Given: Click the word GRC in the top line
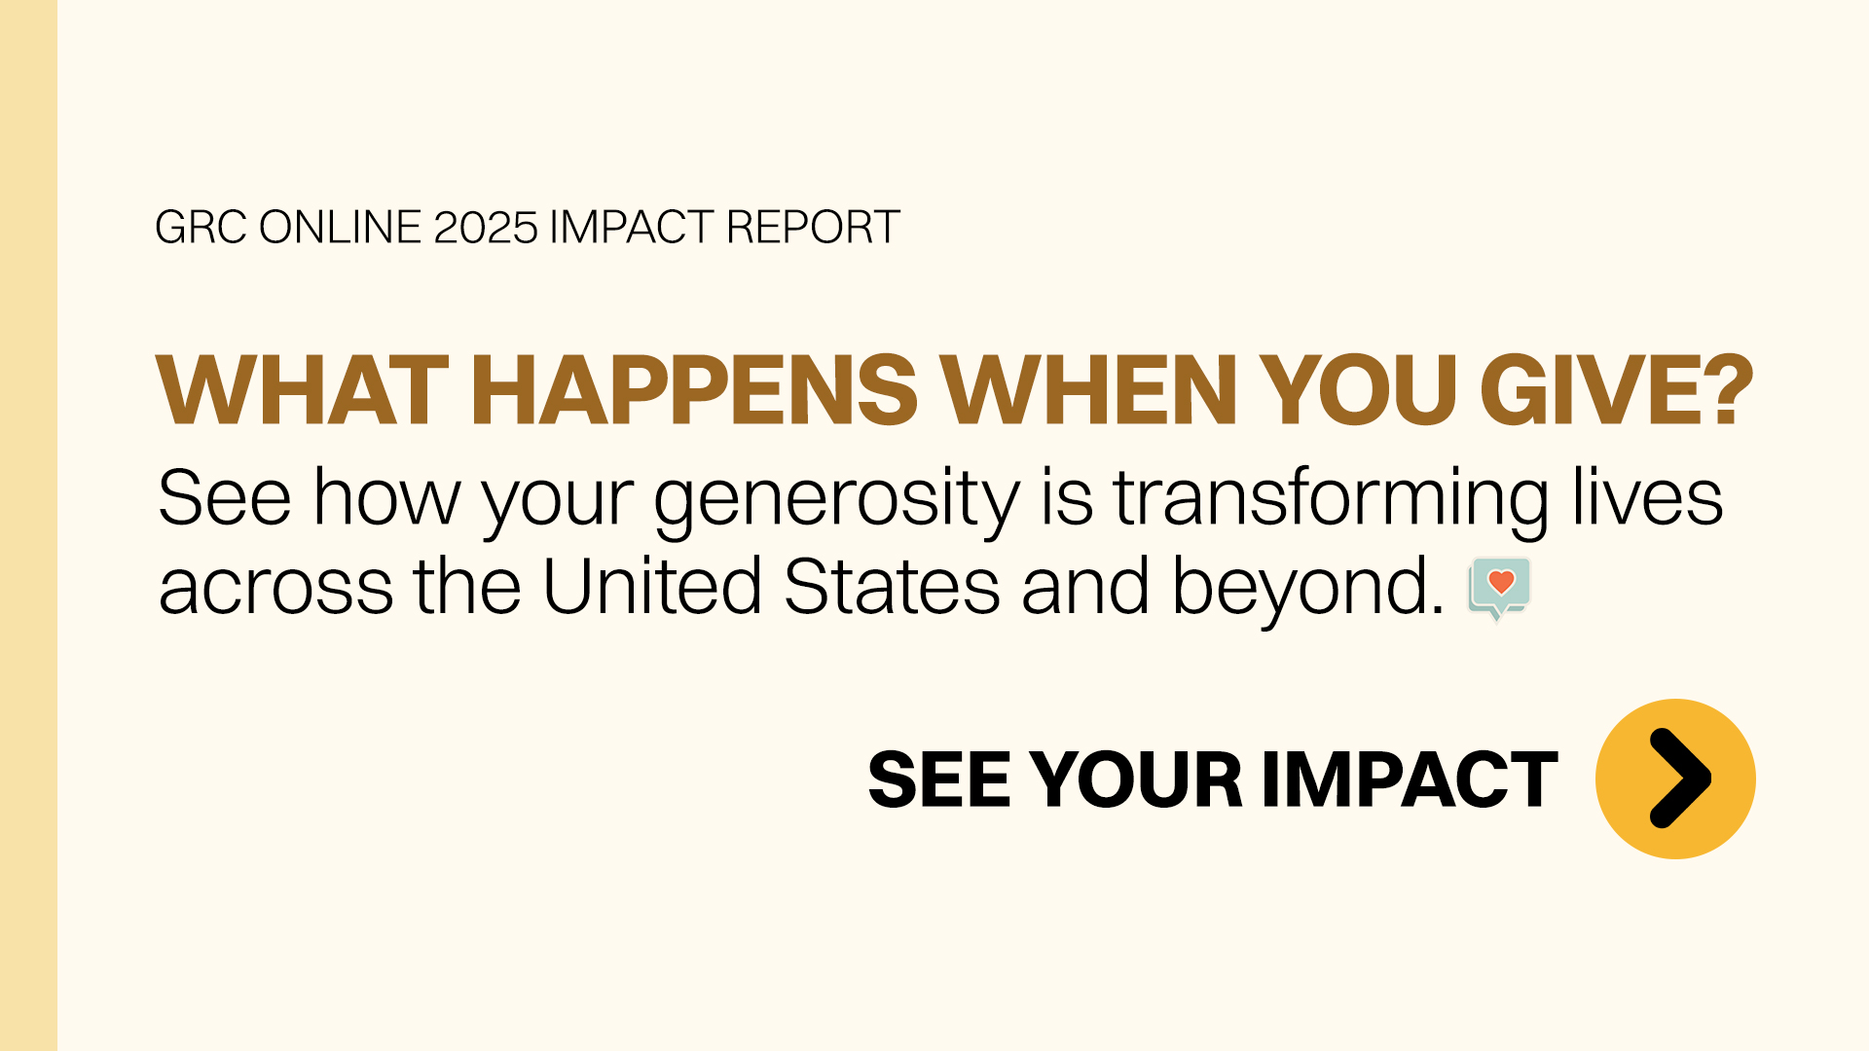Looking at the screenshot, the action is tap(201, 228).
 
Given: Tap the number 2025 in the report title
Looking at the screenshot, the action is tap(485, 228).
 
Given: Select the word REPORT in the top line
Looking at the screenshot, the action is tap(813, 228).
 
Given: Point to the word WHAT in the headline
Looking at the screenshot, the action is tap(303, 390).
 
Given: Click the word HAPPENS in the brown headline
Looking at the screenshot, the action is tap(694, 390).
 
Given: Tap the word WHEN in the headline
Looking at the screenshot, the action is tap(1089, 390).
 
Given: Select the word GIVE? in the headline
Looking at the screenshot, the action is tap(1617, 390).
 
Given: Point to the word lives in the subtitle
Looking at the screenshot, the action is tap(1648, 498).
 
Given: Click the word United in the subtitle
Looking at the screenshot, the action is tap(652, 586).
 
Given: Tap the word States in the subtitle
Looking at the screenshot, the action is tap(892, 586).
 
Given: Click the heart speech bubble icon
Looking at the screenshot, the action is tap(1500, 588).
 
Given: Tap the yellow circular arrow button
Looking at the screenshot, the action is tap(1675, 779).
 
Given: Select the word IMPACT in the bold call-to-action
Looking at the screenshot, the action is tap(1410, 779).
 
